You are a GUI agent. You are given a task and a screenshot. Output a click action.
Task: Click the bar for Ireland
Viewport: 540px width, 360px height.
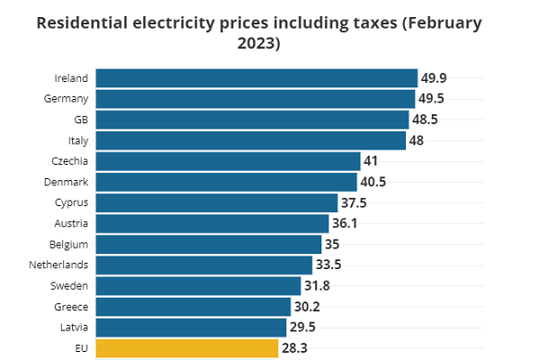click(256, 78)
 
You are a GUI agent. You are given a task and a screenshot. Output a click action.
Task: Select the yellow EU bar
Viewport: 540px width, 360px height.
click(186, 348)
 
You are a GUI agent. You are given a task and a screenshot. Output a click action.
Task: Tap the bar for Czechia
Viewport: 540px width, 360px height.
click(228, 161)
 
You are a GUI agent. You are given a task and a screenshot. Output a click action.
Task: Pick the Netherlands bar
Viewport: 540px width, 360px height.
click(203, 265)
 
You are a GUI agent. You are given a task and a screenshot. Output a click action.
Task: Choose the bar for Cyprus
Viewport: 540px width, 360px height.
click(216, 202)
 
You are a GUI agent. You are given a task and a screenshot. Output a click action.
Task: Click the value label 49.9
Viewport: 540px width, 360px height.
click(436, 78)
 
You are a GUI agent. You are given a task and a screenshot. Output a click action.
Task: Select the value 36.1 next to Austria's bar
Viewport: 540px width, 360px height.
click(347, 223)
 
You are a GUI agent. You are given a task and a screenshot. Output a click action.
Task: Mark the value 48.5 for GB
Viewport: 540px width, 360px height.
click(428, 120)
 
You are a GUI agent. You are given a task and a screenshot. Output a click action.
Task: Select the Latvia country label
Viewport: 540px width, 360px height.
click(74, 327)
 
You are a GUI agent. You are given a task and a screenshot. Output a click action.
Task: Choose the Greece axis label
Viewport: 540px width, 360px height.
click(72, 306)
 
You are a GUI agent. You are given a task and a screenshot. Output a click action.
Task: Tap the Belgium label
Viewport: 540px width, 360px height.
click(69, 244)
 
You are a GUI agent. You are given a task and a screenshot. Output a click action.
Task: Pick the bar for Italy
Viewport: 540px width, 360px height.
click(250, 140)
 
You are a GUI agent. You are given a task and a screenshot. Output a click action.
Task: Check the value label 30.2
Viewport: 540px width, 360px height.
click(309, 306)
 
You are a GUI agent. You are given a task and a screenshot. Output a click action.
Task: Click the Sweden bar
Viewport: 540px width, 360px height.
click(198, 285)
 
